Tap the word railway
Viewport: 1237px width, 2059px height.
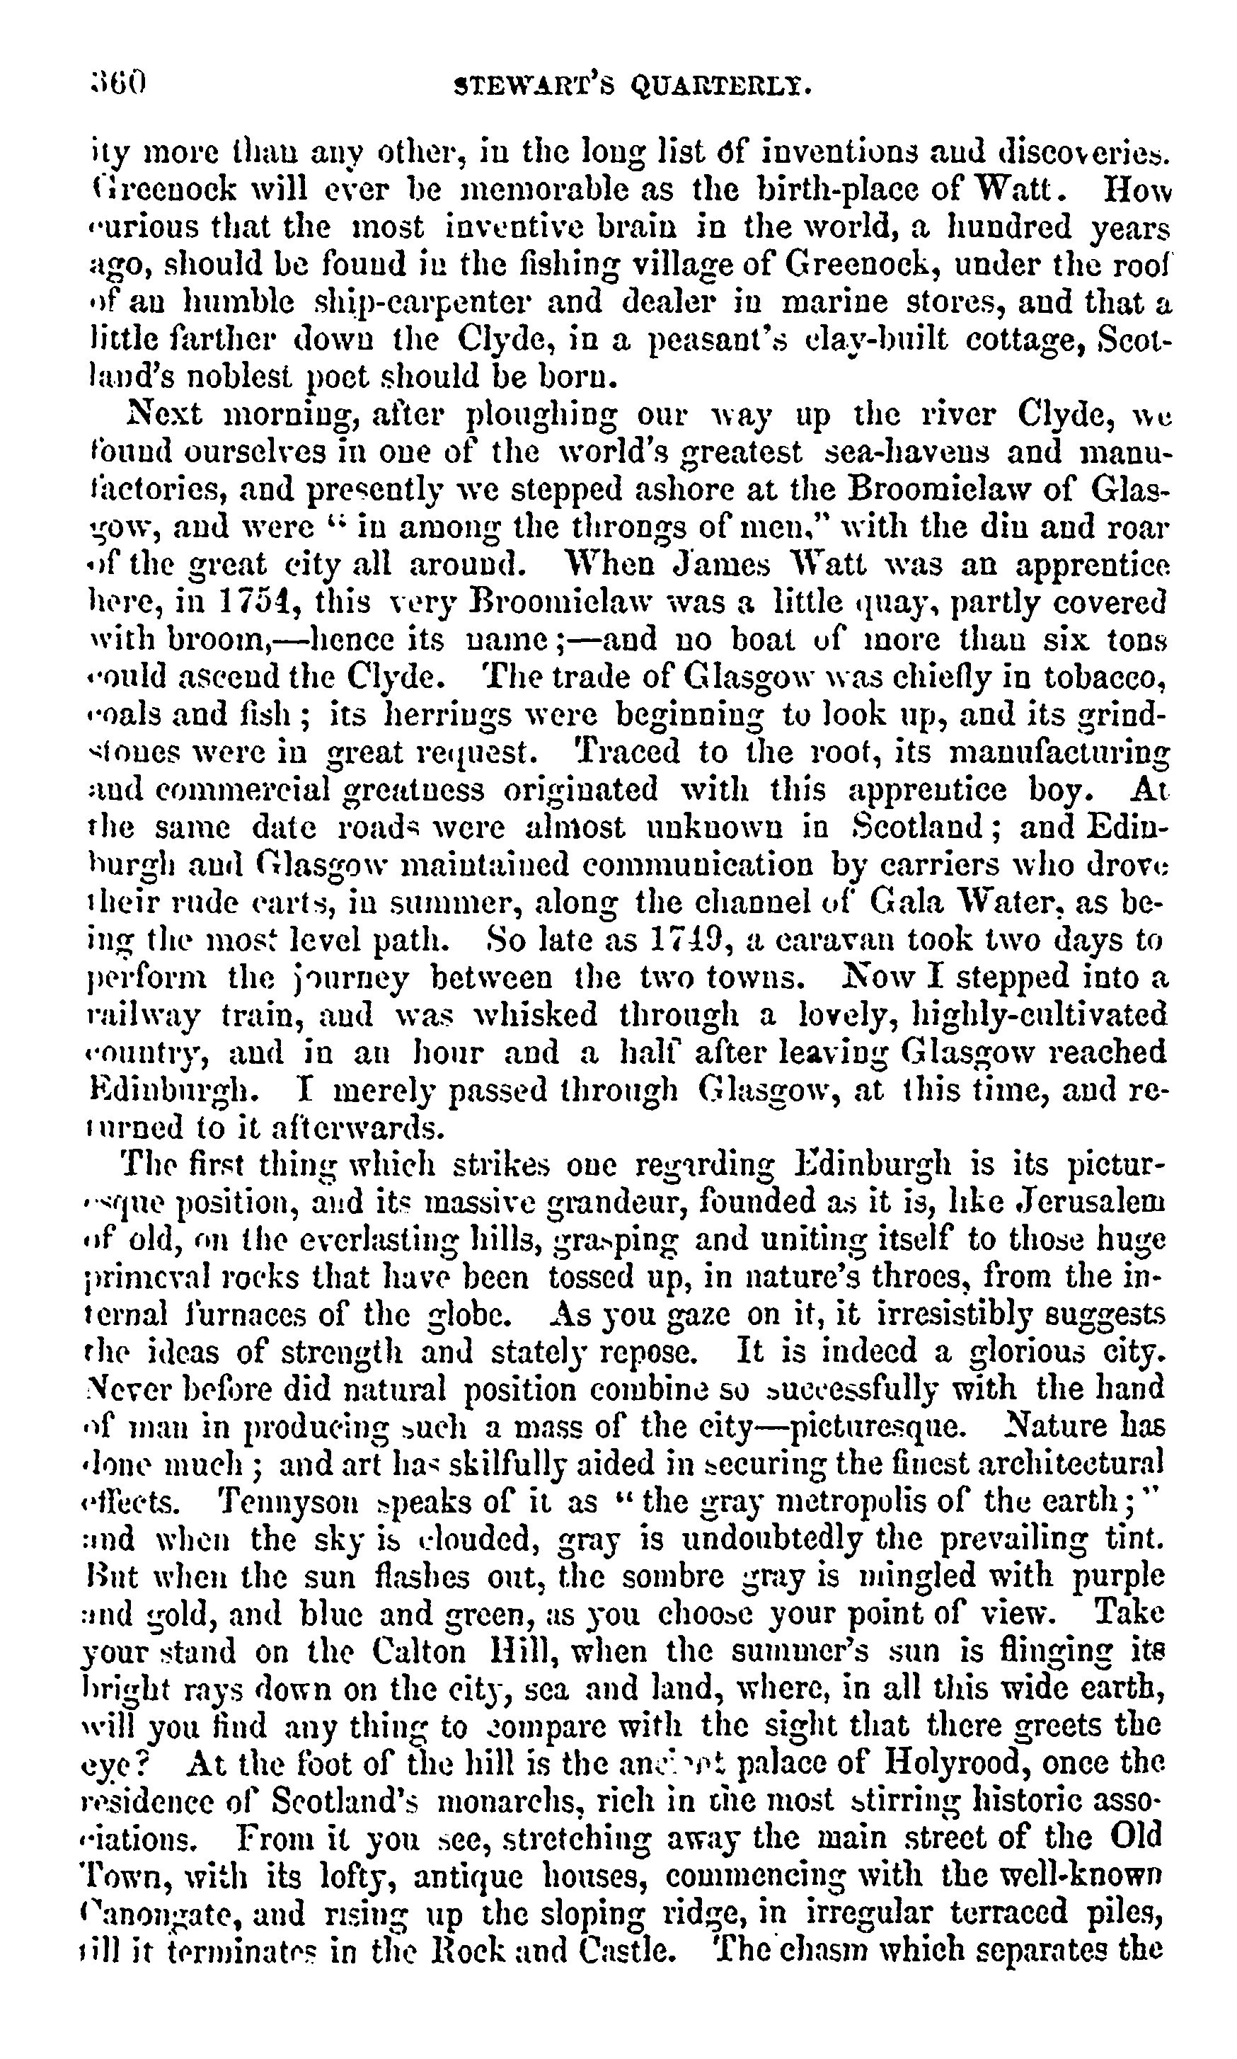coord(144,1015)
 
